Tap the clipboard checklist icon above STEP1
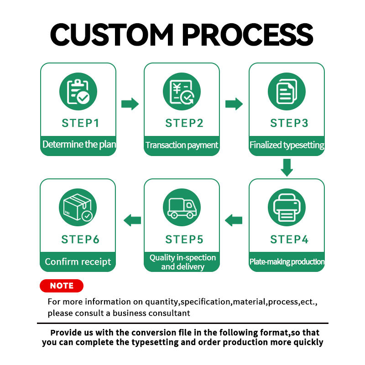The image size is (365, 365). [x=78, y=91]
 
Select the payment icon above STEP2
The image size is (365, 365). [x=182, y=91]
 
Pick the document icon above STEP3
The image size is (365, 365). [x=287, y=91]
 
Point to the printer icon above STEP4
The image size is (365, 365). [x=287, y=208]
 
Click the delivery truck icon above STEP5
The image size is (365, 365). [x=182, y=208]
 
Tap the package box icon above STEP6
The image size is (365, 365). [x=78, y=208]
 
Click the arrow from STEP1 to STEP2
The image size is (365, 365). [x=130, y=104]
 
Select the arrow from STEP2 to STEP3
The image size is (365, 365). [x=234, y=104]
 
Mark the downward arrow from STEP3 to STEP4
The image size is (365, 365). [x=287, y=167]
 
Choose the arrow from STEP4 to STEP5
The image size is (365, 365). [x=234, y=221]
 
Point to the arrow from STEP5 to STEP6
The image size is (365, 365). [x=132, y=221]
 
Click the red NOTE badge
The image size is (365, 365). [x=62, y=286]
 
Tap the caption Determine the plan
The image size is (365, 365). [x=79, y=145]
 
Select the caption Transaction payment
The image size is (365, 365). [x=182, y=145]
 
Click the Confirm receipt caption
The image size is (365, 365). [x=78, y=262]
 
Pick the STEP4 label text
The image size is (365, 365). [x=289, y=240]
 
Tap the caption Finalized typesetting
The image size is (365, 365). [x=287, y=145]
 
